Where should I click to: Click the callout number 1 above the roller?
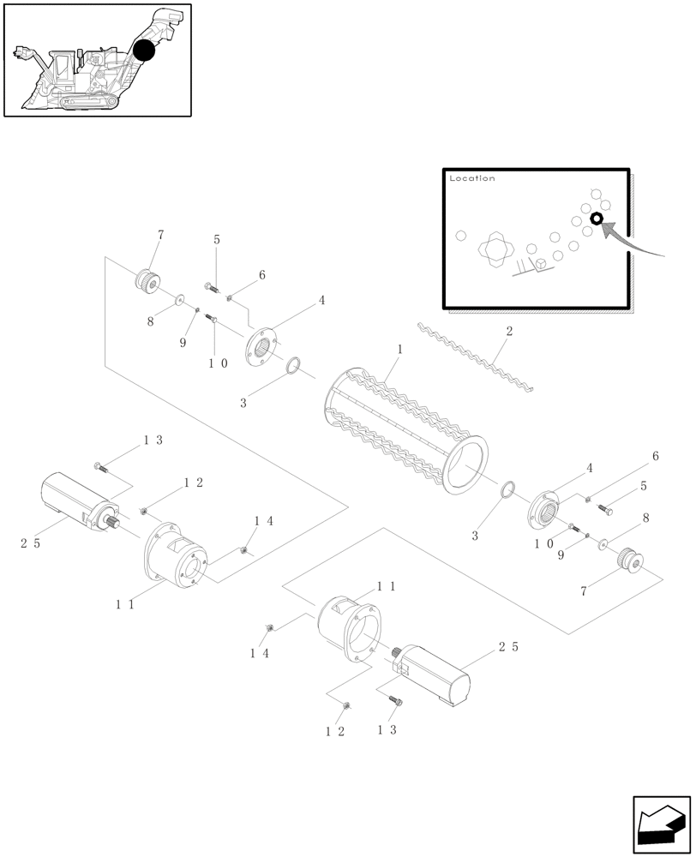click(x=399, y=351)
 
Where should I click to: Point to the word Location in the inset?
click(x=471, y=178)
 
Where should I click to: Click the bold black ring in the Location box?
click(x=597, y=219)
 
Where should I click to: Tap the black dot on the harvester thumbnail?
click(x=144, y=50)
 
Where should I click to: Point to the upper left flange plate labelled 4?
click(x=265, y=348)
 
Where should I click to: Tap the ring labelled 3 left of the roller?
click(x=293, y=366)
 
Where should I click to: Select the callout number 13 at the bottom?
click(x=387, y=730)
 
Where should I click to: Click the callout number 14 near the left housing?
click(x=262, y=520)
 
